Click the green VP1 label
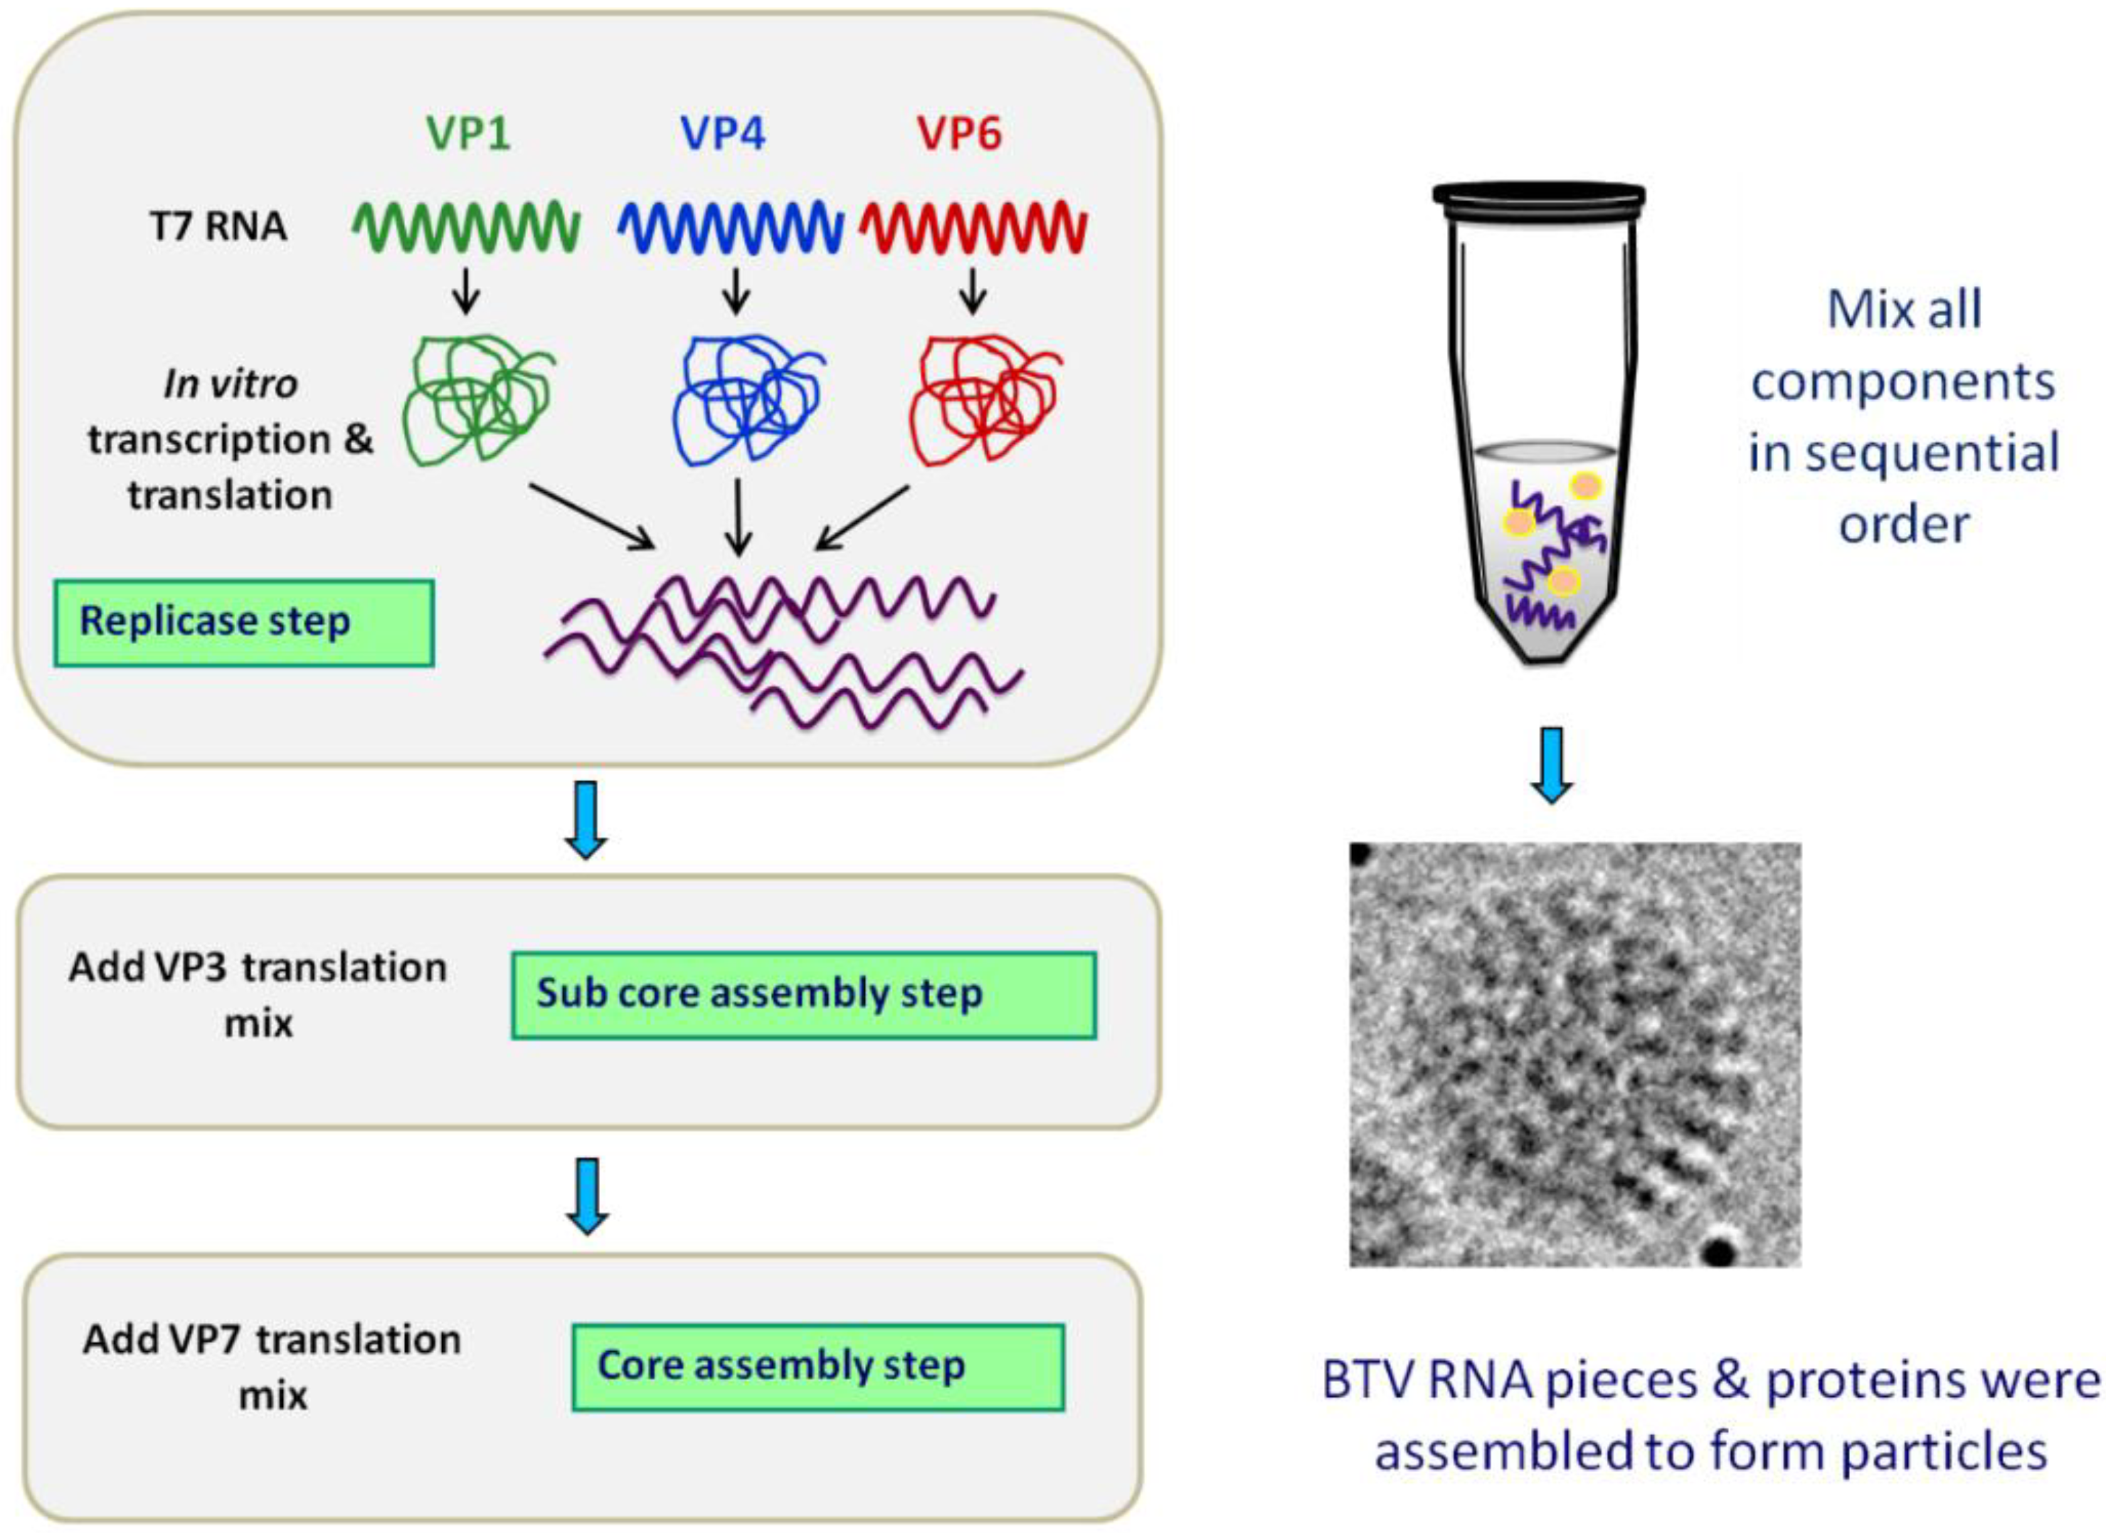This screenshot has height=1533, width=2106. click(x=469, y=134)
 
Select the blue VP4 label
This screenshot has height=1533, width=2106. click(x=723, y=134)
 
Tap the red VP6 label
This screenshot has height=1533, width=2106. click(x=960, y=134)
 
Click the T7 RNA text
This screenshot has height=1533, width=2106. click(x=218, y=226)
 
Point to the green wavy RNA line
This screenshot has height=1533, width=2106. click(x=466, y=228)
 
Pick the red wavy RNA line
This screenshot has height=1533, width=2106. click(x=973, y=228)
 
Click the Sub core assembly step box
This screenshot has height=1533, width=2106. click(x=803, y=994)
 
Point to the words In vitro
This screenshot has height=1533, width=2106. click(x=230, y=384)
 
